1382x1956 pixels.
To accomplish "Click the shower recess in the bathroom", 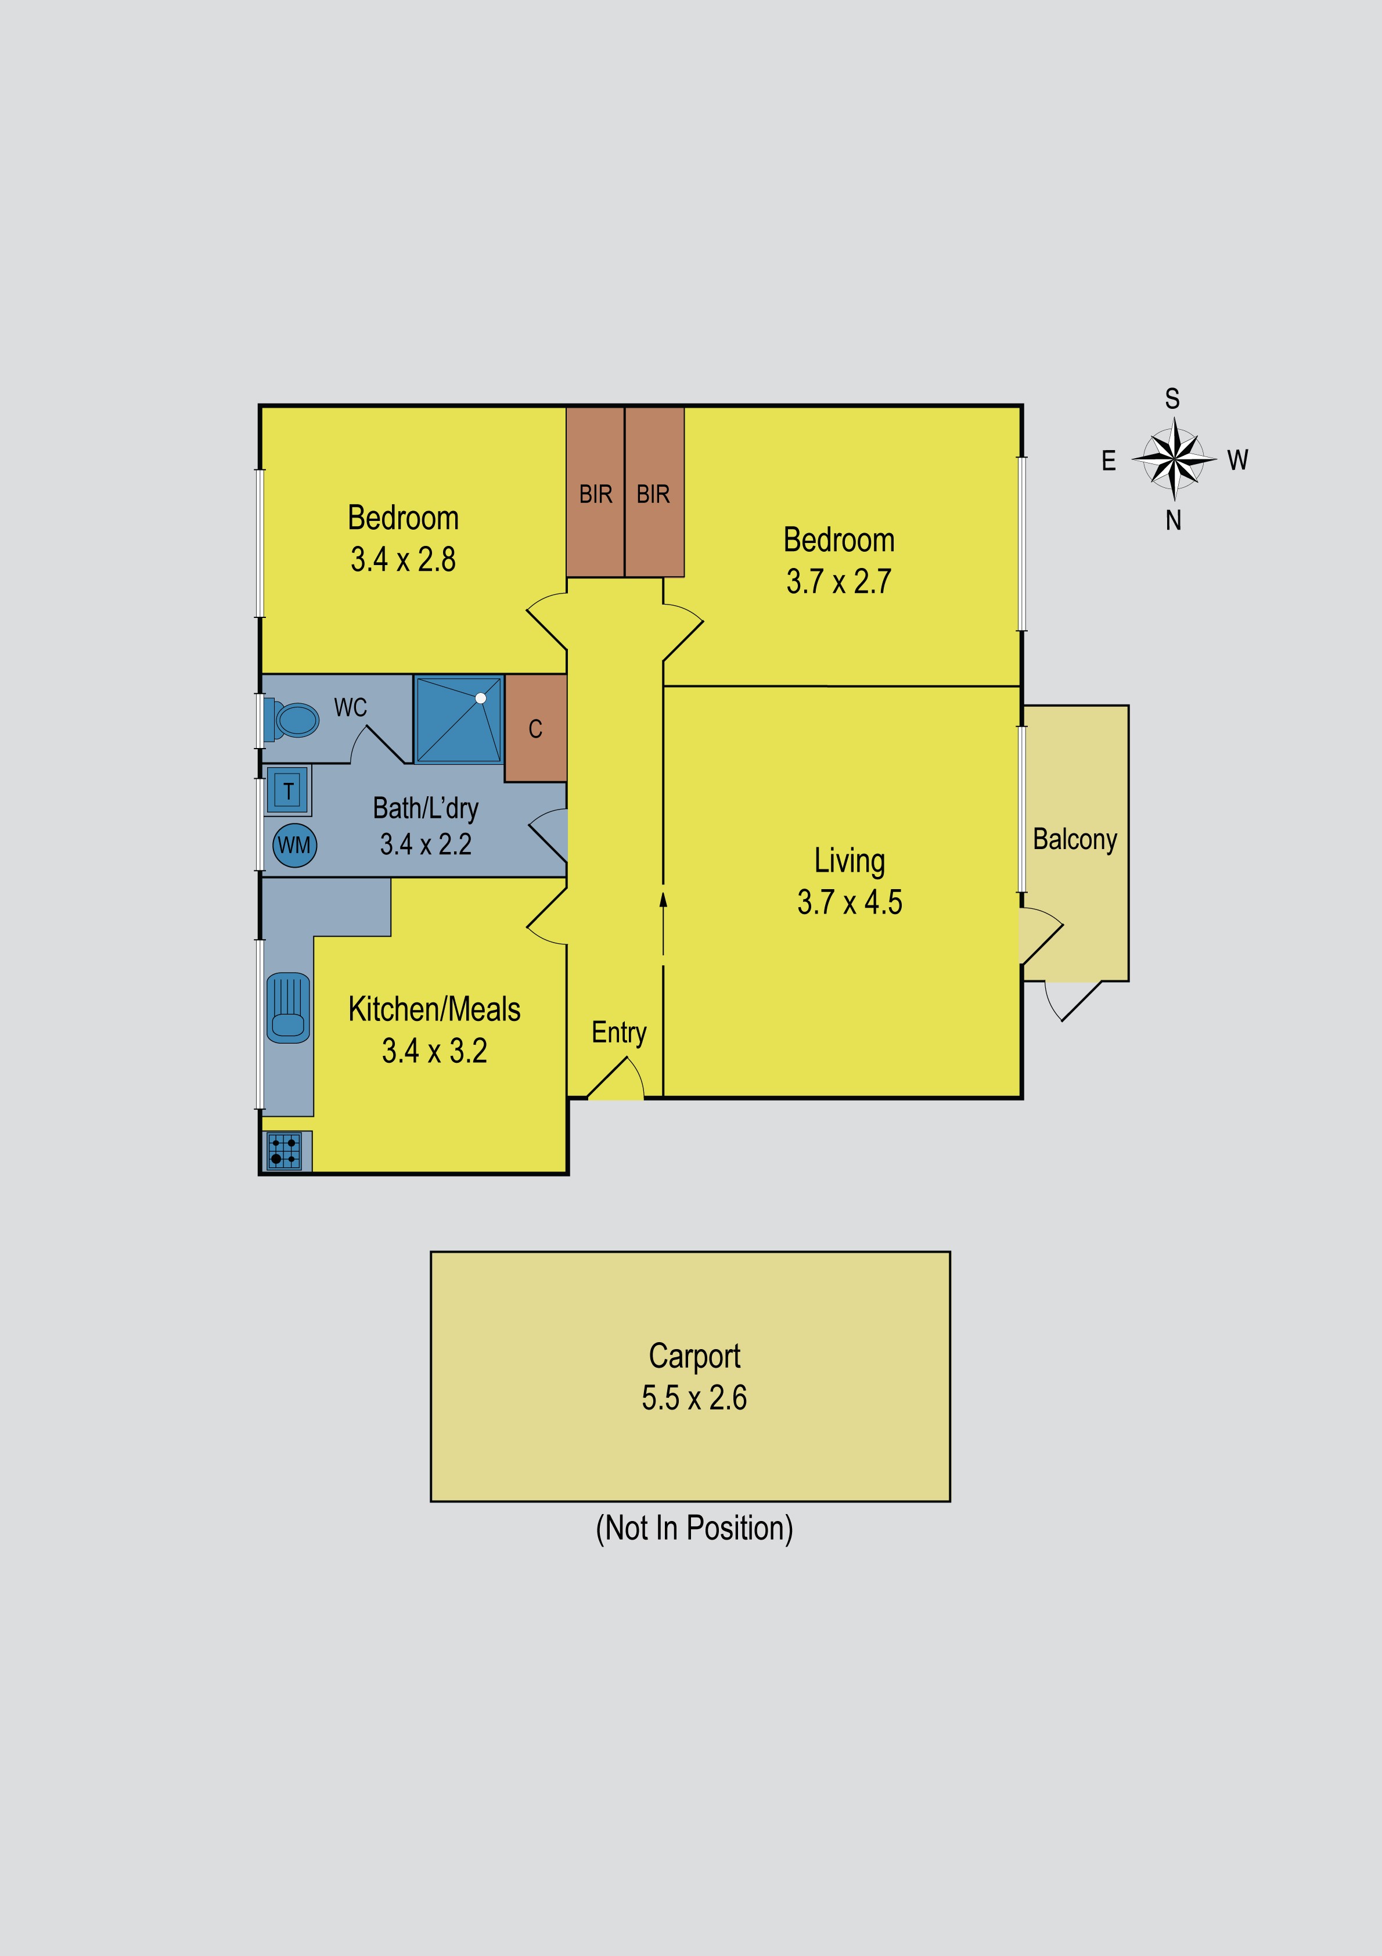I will pos(458,720).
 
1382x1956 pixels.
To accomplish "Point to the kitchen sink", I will pos(288,1008).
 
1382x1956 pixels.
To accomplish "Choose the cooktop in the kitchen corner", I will pos(285,1151).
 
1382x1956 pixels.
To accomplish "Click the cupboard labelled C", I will pos(535,728).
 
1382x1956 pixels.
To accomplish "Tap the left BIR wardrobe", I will pos(596,492).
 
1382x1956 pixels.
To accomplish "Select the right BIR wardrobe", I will pos(653,492).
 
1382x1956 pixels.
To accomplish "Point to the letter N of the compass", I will pos(1174,520).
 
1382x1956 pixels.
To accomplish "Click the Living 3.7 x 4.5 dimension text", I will pos(850,902).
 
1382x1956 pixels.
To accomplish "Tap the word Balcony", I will pos(1074,839).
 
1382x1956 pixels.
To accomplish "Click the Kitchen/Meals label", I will pos(434,1009).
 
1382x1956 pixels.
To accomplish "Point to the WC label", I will pos(350,707).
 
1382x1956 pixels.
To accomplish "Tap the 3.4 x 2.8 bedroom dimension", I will pos(403,560).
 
